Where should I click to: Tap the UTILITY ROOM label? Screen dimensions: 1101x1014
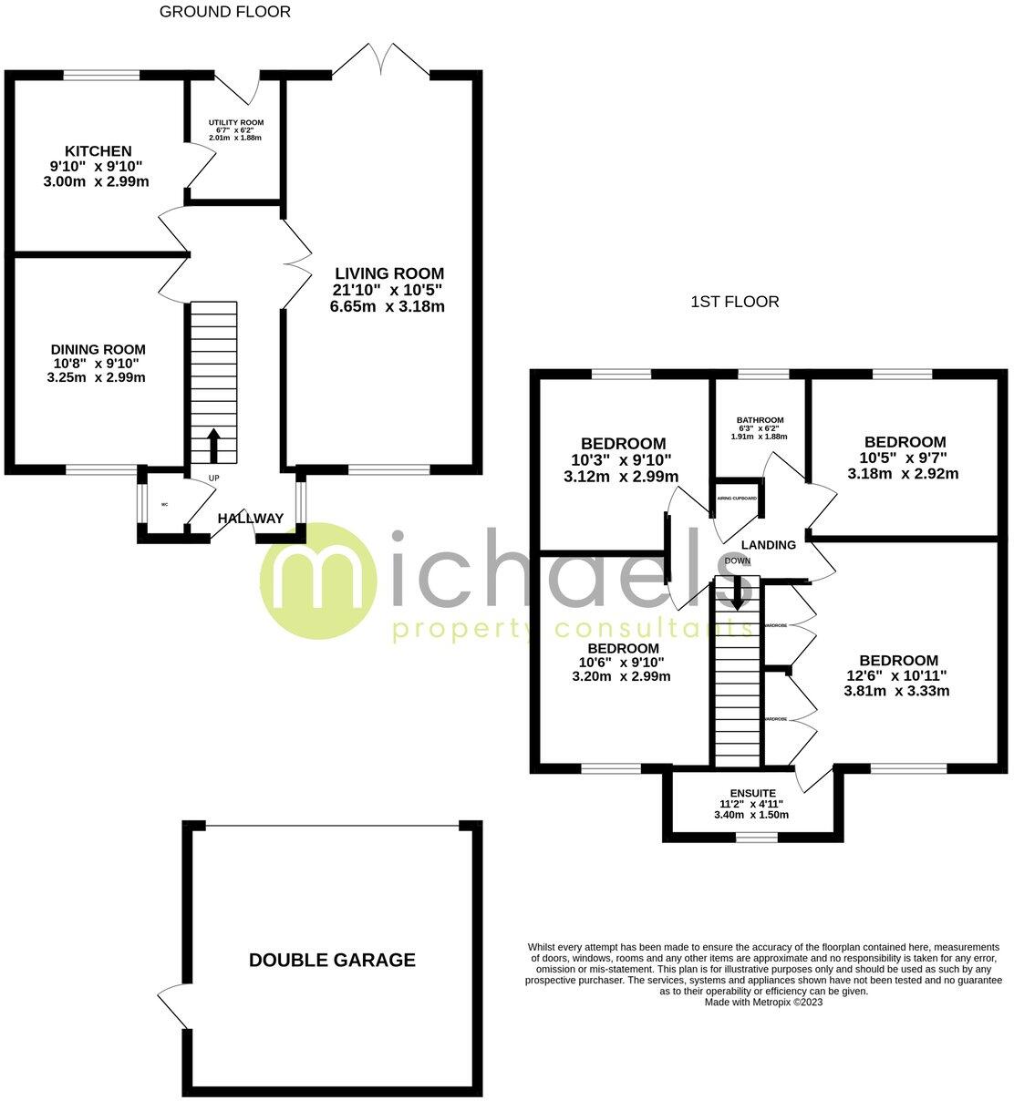pos(235,122)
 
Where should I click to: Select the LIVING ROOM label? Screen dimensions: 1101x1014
pos(388,273)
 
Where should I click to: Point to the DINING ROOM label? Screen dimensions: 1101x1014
pos(98,349)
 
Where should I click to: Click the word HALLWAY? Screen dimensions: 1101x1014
pos(250,519)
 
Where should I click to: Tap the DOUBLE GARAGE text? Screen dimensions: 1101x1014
pos(332,960)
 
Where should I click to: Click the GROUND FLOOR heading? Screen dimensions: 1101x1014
pos(225,12)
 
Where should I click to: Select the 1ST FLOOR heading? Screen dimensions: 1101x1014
pos(734,302)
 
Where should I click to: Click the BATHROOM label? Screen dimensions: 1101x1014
pos(760,420)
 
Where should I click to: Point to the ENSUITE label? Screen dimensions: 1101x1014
pos(752,793)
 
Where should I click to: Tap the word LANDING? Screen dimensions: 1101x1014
pos(768,545)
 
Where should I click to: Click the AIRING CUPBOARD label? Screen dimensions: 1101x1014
pos(737,499)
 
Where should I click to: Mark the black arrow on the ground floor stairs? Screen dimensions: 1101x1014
pos(213,446)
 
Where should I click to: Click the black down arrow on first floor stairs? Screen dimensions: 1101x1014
pos(736,592)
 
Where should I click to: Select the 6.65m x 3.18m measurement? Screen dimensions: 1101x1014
pos(388,306)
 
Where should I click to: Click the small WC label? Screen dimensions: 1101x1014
pos(165,504)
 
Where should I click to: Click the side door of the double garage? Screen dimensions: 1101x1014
pos(173,1006)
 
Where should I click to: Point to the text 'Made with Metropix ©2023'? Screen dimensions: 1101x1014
pos(763,1002)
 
